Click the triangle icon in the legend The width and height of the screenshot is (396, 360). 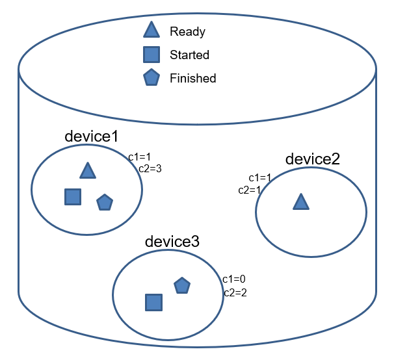pos(152,31)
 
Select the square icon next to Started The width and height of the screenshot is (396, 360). pos(152,55)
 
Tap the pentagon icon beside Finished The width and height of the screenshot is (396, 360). pos(152,78)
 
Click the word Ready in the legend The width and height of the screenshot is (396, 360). pos(187,31)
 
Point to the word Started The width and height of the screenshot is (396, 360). pos(189,55)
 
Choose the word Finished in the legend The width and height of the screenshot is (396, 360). pos(192,78)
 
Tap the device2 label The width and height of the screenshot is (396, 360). pos(313,159)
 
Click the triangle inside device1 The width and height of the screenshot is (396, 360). pos(88,171)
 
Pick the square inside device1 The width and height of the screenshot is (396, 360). pos(73,197)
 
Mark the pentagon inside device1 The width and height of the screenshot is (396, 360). pos(104,203)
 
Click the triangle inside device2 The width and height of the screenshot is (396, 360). pos(300,202)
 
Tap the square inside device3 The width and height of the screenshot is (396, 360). pos(153,302)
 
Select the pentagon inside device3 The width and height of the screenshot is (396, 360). pos(182,285)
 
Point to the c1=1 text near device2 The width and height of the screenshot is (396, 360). pos(260,178)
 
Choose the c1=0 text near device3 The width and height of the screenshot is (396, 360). pos(233,279)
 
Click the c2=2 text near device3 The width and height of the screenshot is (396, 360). pos(235,293)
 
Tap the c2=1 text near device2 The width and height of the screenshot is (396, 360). pos(249,190)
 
